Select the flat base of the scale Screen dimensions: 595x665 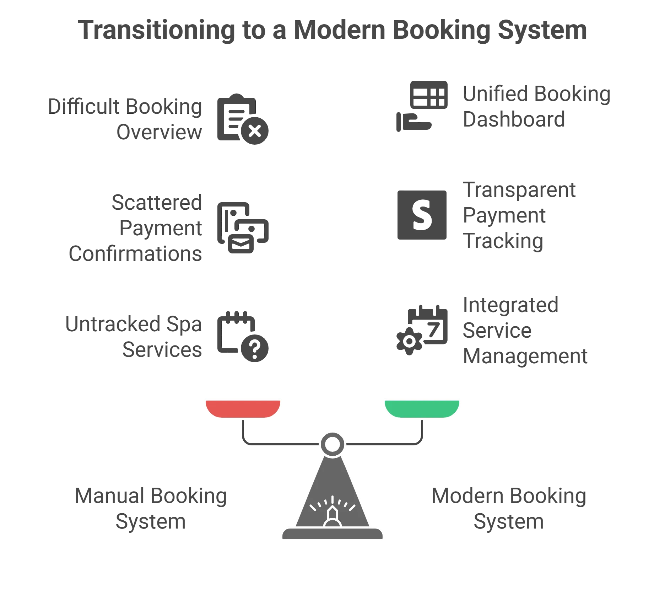(332, 534)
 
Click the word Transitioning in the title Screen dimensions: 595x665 (156, 30)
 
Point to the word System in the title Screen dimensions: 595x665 (542, 30)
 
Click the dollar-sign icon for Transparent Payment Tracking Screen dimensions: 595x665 (422, 216)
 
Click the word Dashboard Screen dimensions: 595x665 (514, 119)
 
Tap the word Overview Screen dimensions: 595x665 (160, 132)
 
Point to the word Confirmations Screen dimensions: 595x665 (135, 253)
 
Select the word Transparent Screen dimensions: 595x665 (519, 191)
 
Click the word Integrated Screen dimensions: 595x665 (512, 305)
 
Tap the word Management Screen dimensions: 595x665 (525, 356)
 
